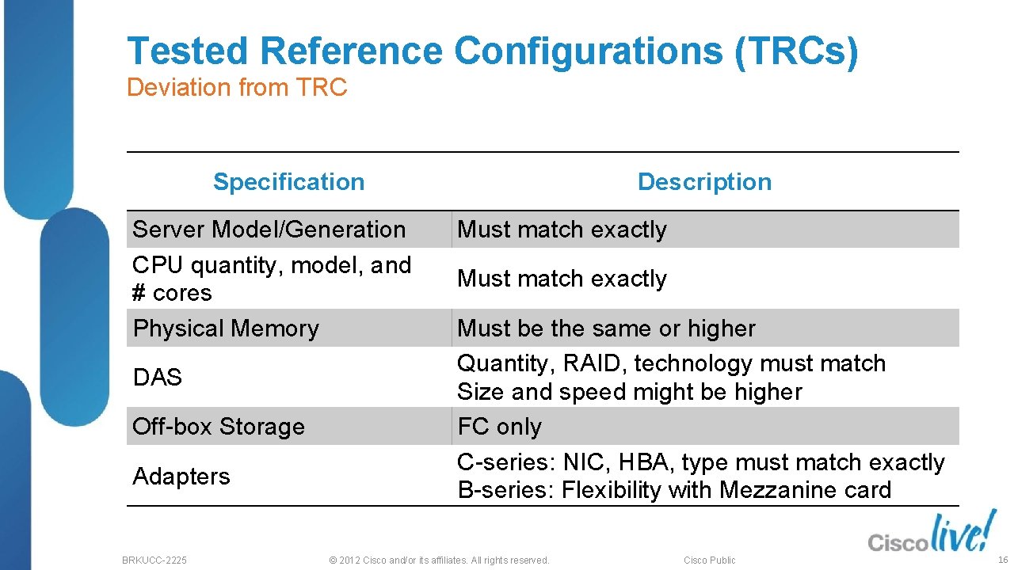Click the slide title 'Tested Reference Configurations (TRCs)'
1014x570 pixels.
(492, 51)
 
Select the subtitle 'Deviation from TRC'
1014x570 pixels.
(237, 87)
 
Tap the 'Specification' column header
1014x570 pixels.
(288, 182)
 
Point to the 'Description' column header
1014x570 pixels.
(704, 182)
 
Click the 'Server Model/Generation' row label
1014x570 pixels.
(269, 230)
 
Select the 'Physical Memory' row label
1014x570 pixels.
(226, 329)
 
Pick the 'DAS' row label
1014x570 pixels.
(158, 378)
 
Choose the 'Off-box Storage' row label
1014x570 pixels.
(219, 427)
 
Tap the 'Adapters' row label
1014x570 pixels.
(181, 477)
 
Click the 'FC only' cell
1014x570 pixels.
(500, 427)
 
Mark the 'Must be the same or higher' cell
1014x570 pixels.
(606, 329)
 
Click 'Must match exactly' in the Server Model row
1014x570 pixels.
(562, 230)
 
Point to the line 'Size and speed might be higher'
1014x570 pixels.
(630, 392)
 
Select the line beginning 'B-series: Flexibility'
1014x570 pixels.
(674, 490)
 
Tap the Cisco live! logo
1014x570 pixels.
(930, 534)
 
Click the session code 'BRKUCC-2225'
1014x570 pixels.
(154, 560)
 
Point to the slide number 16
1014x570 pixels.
(1003, 560)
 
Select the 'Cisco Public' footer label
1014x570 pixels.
(709, 560)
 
